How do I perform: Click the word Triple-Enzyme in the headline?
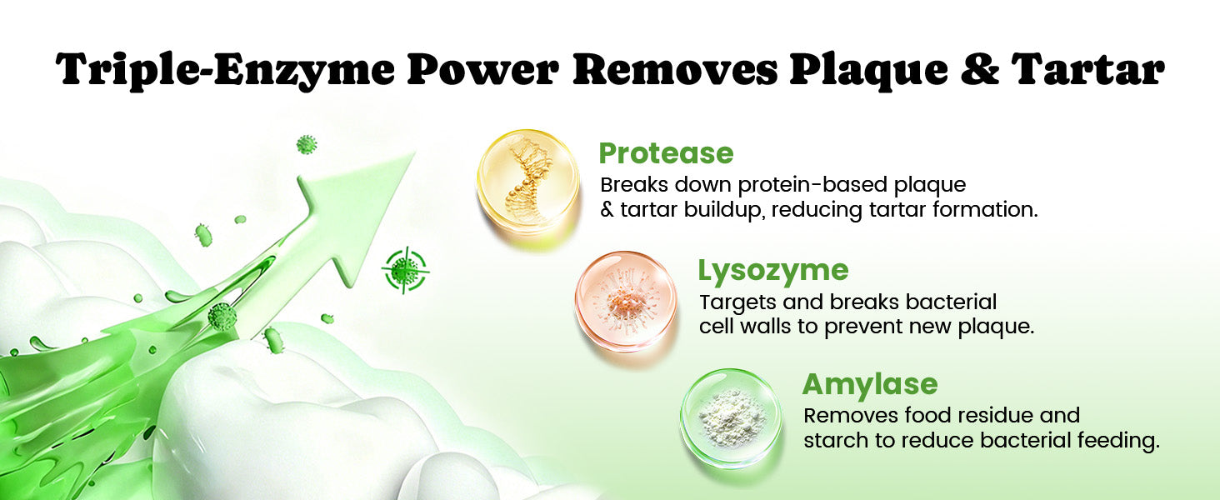pyautogui.click(x=225, y=70)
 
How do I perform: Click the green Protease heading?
pyautogui.click(x=666, y=153)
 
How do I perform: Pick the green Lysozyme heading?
pyautogui.click(x=773, y=271)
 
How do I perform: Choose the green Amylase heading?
pyautogui.click(x=870, y=384)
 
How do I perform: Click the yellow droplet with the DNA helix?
pyautogui.click(x=528, y=181)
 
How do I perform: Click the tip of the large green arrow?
pyautogui.click(x=414, y=153)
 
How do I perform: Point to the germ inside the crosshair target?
pyautogui.click(x=405, y=270)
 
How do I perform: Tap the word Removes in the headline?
pyautogui.click(x=675, y=70)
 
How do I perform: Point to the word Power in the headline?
pyautogui.click(x=483, y=70)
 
